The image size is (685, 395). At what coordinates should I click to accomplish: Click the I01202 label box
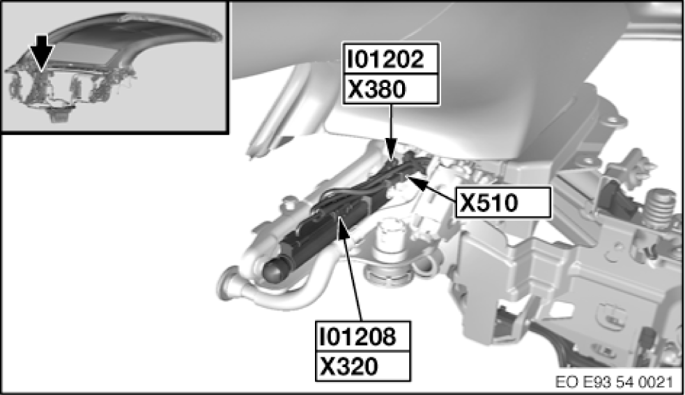pos(391,60)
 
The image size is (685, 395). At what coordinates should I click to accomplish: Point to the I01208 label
pos(363,337)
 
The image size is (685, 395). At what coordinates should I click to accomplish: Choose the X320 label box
pos(363,366)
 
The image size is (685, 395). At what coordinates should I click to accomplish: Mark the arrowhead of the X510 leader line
pos(411,180)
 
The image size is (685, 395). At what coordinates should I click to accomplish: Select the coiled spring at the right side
pos(659,209)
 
